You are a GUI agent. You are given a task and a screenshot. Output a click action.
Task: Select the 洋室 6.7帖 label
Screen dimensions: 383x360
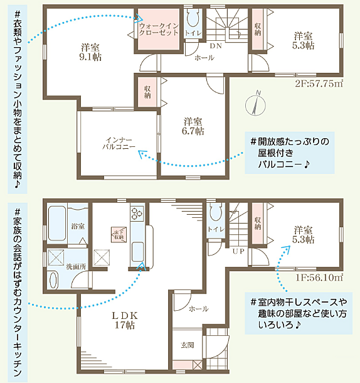(193, 126)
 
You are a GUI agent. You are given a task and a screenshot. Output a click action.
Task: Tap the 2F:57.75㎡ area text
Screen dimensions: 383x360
(318, 83)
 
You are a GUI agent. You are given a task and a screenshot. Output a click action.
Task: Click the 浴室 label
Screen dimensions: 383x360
(78, 225)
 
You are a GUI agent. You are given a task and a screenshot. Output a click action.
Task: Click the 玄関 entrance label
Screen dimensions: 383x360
(186, 345)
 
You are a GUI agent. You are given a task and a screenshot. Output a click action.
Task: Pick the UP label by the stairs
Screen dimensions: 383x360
(239, 251)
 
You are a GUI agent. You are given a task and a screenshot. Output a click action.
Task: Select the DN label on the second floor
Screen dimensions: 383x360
(215, 46)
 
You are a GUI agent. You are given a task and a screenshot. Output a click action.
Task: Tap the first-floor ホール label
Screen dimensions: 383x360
(198, 309)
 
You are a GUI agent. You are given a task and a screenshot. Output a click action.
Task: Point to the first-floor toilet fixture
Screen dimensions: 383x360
(215, 213)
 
